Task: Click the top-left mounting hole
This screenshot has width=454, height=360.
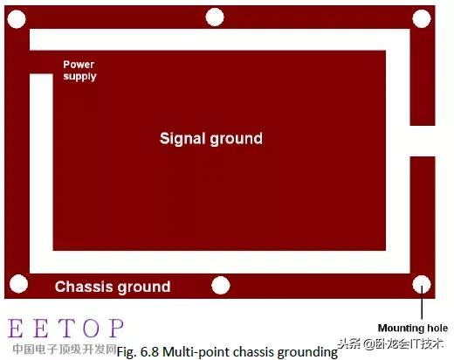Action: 17,19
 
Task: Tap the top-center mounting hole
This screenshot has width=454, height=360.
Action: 215,17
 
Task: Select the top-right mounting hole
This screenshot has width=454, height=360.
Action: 422,18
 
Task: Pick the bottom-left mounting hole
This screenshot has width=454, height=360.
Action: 18,284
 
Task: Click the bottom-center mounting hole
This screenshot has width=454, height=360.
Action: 221,285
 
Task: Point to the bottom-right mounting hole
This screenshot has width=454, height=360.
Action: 422,285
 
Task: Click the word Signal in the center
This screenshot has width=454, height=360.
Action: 182,139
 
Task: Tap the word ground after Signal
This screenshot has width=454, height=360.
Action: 236,139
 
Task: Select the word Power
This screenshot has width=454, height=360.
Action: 79,65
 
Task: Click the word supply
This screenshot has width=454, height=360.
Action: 79,77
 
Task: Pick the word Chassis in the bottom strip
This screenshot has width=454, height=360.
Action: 84,287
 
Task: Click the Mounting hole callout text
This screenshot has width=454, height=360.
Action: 413,328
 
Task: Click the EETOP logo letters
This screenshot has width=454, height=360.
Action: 65,328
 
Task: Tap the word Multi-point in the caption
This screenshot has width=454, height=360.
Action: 196,352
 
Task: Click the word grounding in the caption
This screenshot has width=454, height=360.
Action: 307,352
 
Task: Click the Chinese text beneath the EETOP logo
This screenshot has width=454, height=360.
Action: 65,349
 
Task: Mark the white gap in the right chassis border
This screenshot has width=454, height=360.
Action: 423,141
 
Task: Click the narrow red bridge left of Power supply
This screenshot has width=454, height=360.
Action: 41,62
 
